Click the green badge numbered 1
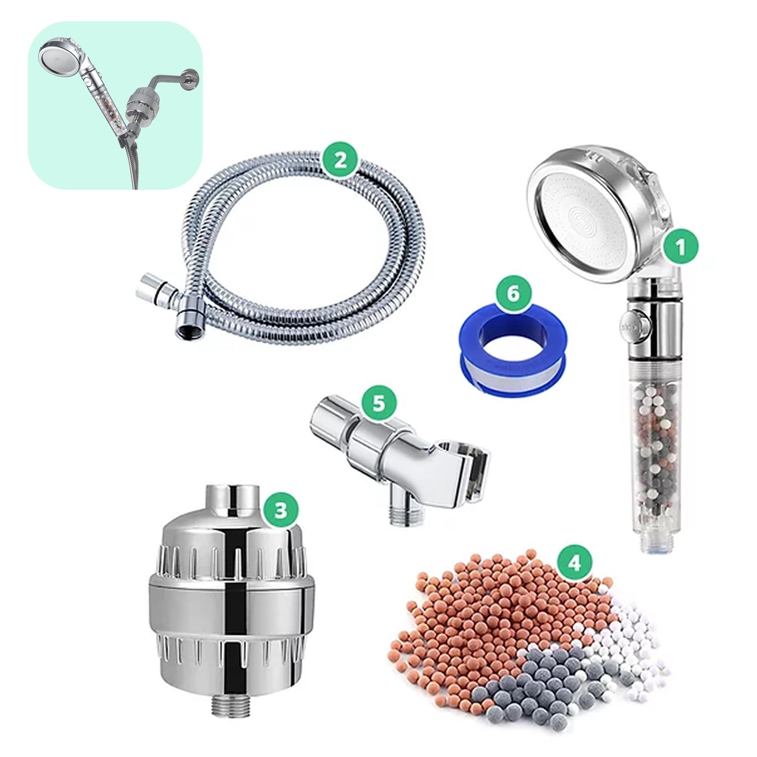click(x=681, y=248)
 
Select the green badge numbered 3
click(x=281, y=510)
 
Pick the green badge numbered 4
click(x=575, y=563)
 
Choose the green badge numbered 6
click(x=513, y=293)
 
